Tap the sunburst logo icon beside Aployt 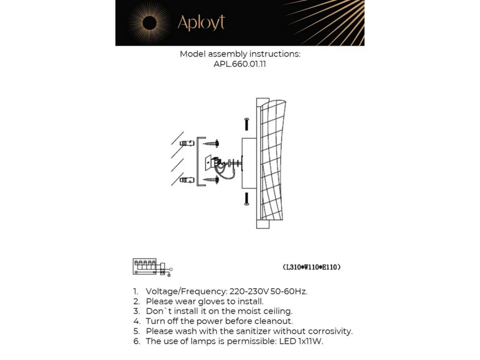[149, 23]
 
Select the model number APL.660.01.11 [240, 64]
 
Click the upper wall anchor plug [187, 143]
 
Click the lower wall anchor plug [187, 180]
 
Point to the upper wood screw [212, 142]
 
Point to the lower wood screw [212, 180]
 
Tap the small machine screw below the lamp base [246, 199]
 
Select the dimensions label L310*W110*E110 [312, 267]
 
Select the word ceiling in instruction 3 [278, 311]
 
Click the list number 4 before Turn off [137, 321]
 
